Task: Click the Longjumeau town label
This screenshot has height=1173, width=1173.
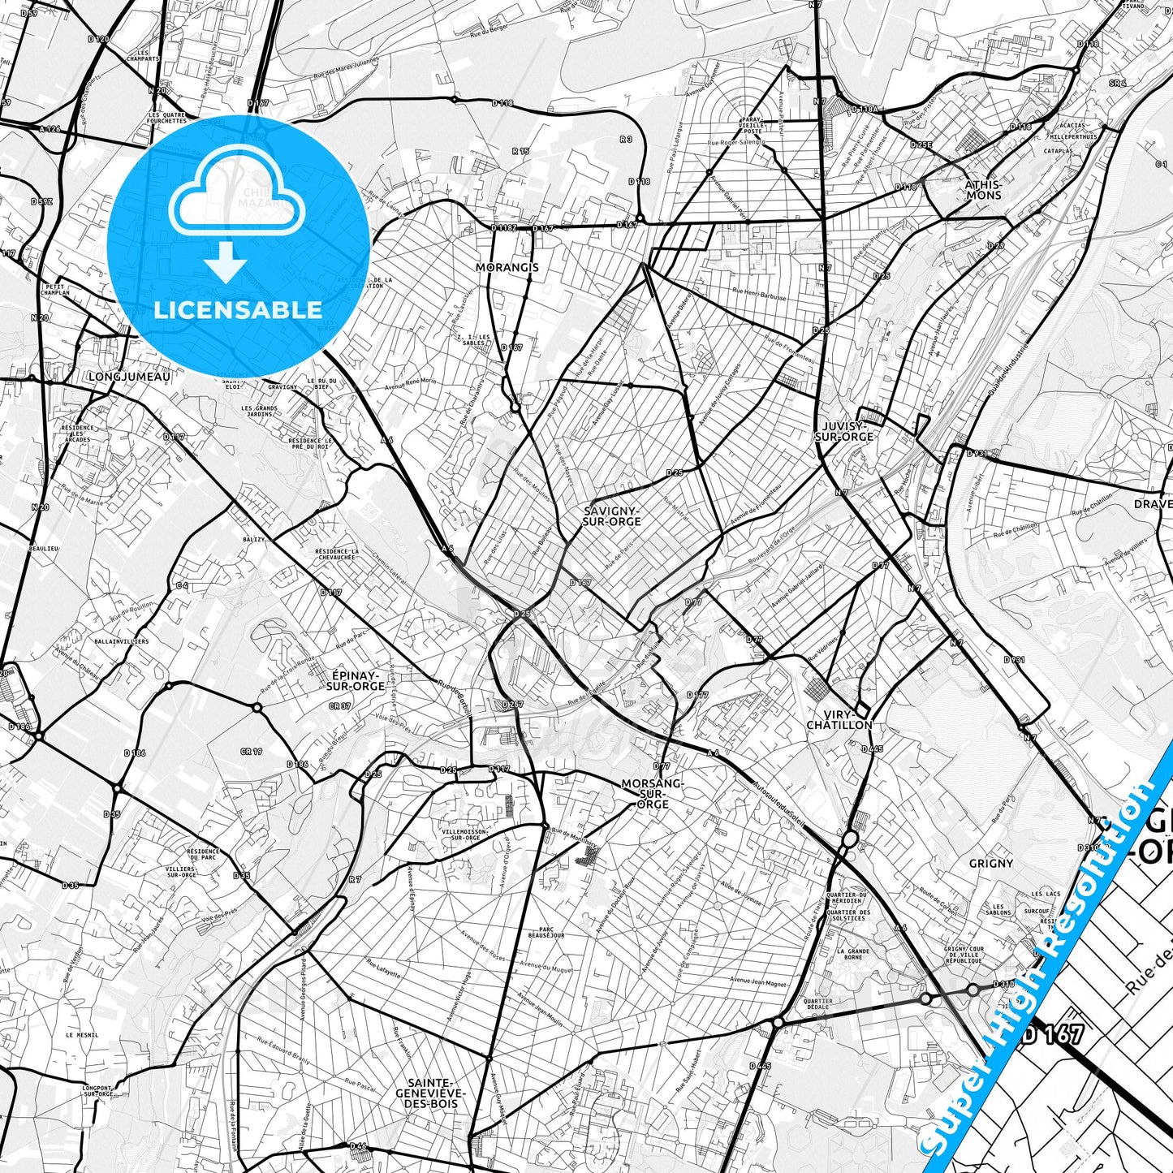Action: [129, 377]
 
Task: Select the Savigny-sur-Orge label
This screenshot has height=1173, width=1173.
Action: [612, 515]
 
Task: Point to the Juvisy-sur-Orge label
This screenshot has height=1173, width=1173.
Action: [844, 430]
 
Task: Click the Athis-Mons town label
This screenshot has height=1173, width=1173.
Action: [983, 189]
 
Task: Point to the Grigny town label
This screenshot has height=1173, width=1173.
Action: [990, 863]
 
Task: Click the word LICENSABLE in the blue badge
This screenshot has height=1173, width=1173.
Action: [238, 309]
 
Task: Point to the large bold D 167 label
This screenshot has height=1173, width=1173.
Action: [1052, 1034]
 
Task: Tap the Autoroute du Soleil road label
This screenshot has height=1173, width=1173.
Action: [778, 804]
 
